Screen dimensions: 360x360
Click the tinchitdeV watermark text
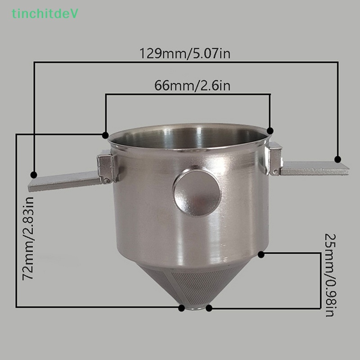(x=45, y=14)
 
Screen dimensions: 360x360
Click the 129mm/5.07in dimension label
(x=185, y=54)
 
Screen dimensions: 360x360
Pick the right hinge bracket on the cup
(x=274, y=158)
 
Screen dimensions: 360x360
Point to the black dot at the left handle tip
(x=33, y=175)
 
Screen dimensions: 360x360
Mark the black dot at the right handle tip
(x=338, y=159)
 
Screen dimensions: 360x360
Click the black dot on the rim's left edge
(x=105, y=135)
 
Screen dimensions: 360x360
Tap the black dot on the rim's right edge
(x=270, y=130)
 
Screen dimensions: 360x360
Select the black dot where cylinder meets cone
(x=261, y=254)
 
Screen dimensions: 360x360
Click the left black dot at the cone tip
(x=181, y=308)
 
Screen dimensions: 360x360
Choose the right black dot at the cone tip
(x=209, y=308)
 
